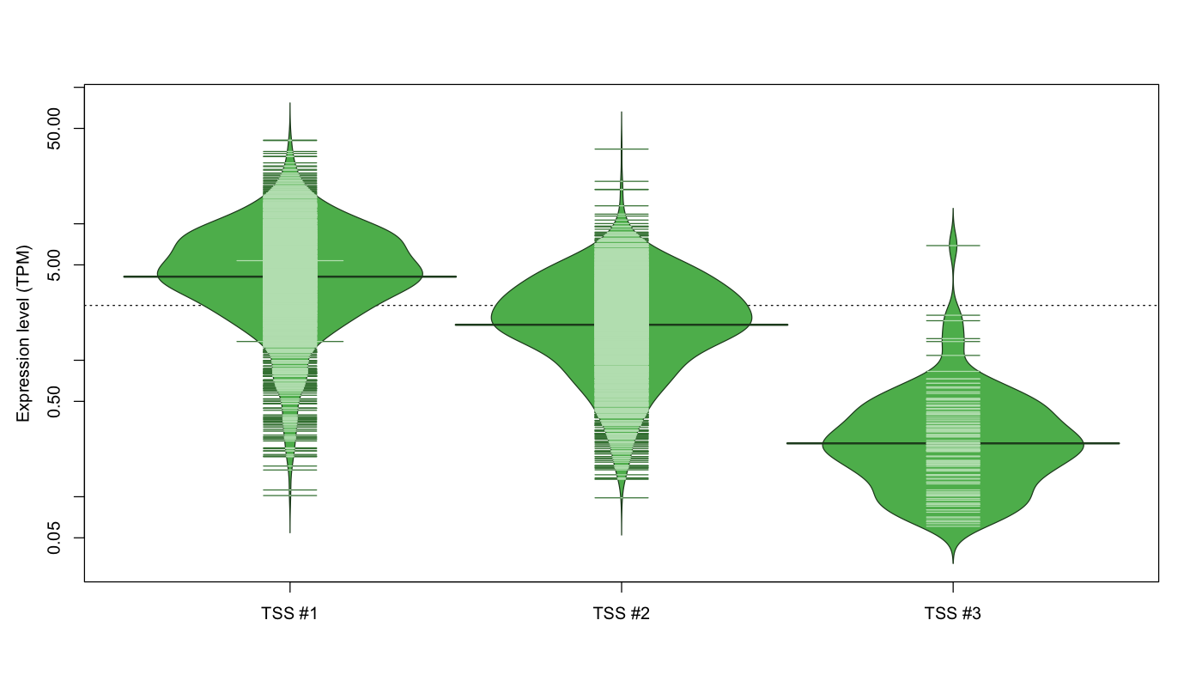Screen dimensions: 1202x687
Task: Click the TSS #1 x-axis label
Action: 289,613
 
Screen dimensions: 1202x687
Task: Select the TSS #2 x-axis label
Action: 622,613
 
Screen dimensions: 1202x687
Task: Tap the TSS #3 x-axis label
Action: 952,613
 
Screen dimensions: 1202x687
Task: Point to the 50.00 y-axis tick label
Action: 55,129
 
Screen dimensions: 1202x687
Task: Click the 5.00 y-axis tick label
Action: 55,265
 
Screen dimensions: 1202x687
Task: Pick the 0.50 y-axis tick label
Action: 55,402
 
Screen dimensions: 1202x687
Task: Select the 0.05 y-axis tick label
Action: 55,538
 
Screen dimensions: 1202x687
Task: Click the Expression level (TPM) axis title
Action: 23,334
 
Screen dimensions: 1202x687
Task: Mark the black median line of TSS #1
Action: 290,277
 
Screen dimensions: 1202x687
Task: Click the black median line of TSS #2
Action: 622,325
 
